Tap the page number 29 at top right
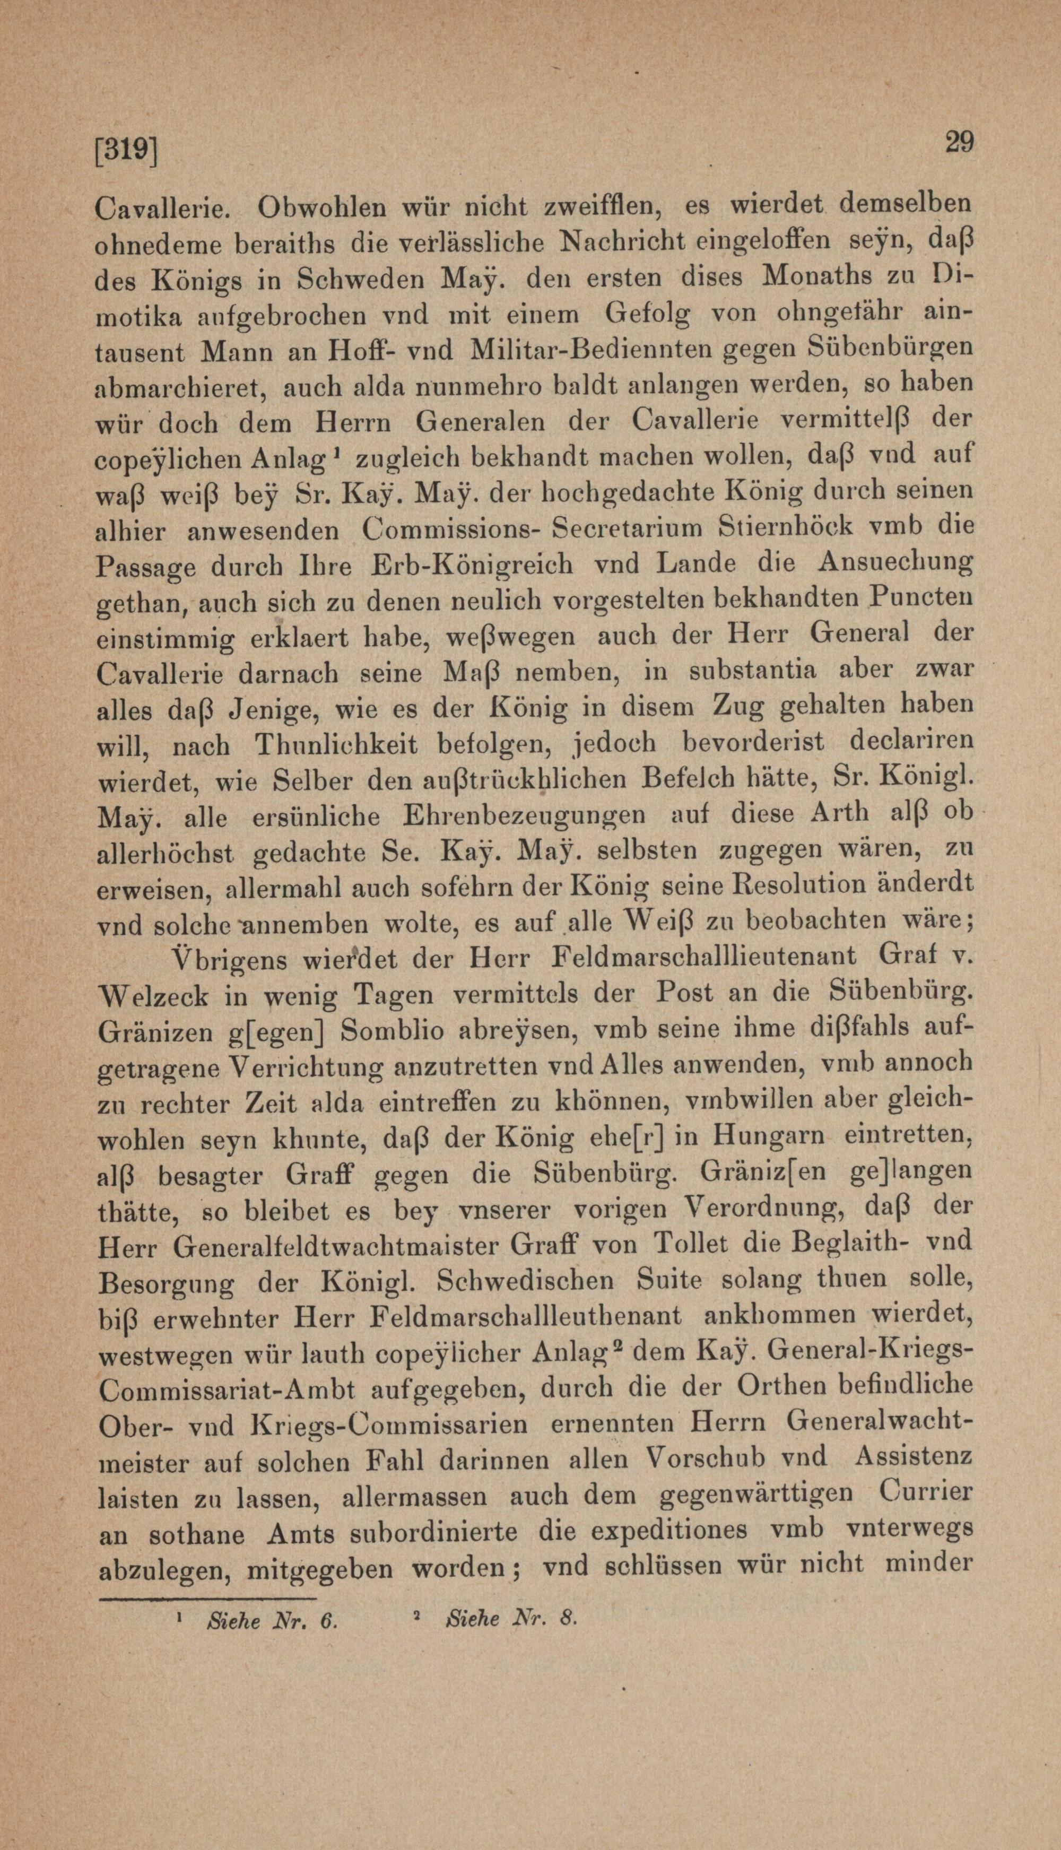(959, 142)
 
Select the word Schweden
(350, 280)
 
